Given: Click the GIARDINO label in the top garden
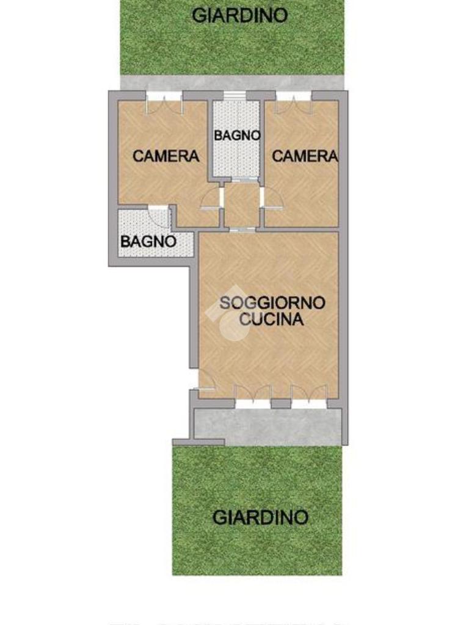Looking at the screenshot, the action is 239,15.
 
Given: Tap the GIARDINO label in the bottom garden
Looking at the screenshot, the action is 261,518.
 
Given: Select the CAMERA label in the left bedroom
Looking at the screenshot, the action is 166,156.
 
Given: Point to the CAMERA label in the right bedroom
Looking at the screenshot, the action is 305,156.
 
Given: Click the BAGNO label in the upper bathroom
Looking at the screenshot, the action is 238,135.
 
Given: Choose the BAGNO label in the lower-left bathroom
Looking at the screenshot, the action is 148,242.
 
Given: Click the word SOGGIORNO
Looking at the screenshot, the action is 272,303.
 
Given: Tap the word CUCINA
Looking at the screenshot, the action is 272,320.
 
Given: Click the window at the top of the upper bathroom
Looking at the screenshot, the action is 234,96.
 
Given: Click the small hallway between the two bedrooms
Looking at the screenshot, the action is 242,205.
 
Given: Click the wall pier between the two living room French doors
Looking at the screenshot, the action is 281,404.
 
